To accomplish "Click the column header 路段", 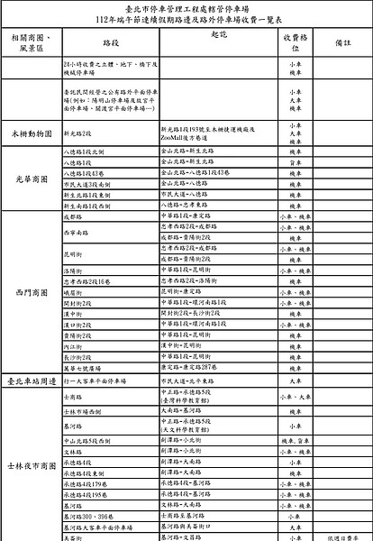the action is (x=112, y=42).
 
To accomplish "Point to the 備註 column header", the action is (x=341, y=42).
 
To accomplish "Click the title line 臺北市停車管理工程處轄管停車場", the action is (x=186, y=6).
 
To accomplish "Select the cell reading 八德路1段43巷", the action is (x=86, y=170).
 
